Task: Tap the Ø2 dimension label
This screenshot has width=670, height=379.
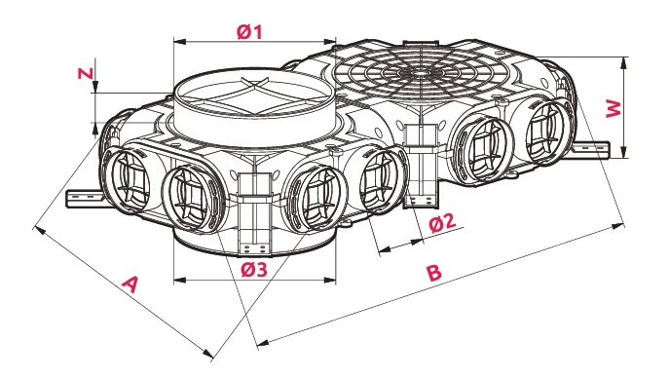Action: click(443, 223)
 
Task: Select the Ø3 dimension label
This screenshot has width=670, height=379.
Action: click(254, 270)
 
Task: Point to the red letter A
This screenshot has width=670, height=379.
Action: click(130, 284)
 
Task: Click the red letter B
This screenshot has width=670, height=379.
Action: click(434, 273)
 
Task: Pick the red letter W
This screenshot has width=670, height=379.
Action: click(614, 108)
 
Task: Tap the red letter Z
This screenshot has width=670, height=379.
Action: click(86, 73)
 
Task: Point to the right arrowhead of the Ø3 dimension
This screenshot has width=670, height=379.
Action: click(330, 281)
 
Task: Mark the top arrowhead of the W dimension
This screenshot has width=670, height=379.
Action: click(624, 62)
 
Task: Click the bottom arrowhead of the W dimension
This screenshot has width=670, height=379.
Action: click(624, 152)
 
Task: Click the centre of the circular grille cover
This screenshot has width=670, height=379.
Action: click(422, 73)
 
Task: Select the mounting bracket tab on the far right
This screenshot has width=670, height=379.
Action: click(590, 149)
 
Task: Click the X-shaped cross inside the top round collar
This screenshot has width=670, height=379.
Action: click(255, 96)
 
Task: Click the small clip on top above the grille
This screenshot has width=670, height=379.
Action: click(421, 43)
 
